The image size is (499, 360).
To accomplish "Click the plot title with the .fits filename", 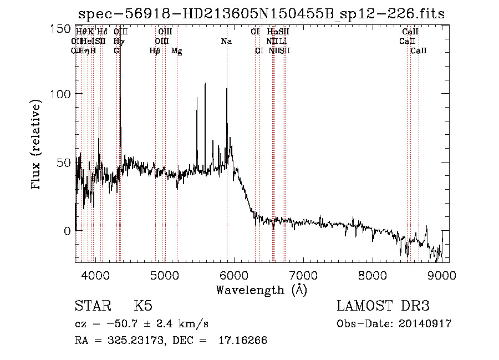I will point(261,14).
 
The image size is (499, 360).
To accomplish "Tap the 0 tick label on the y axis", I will point(67,230).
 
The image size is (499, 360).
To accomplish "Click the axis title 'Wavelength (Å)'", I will point(261,290).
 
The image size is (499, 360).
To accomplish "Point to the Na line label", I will point(226,41).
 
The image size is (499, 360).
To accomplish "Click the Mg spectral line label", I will point(177,51).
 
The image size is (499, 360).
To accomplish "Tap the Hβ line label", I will point(155,51).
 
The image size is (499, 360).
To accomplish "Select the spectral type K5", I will point(143,306).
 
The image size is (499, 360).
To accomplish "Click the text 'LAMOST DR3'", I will point(383,306).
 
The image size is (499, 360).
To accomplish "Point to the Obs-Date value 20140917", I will point(425,324).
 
